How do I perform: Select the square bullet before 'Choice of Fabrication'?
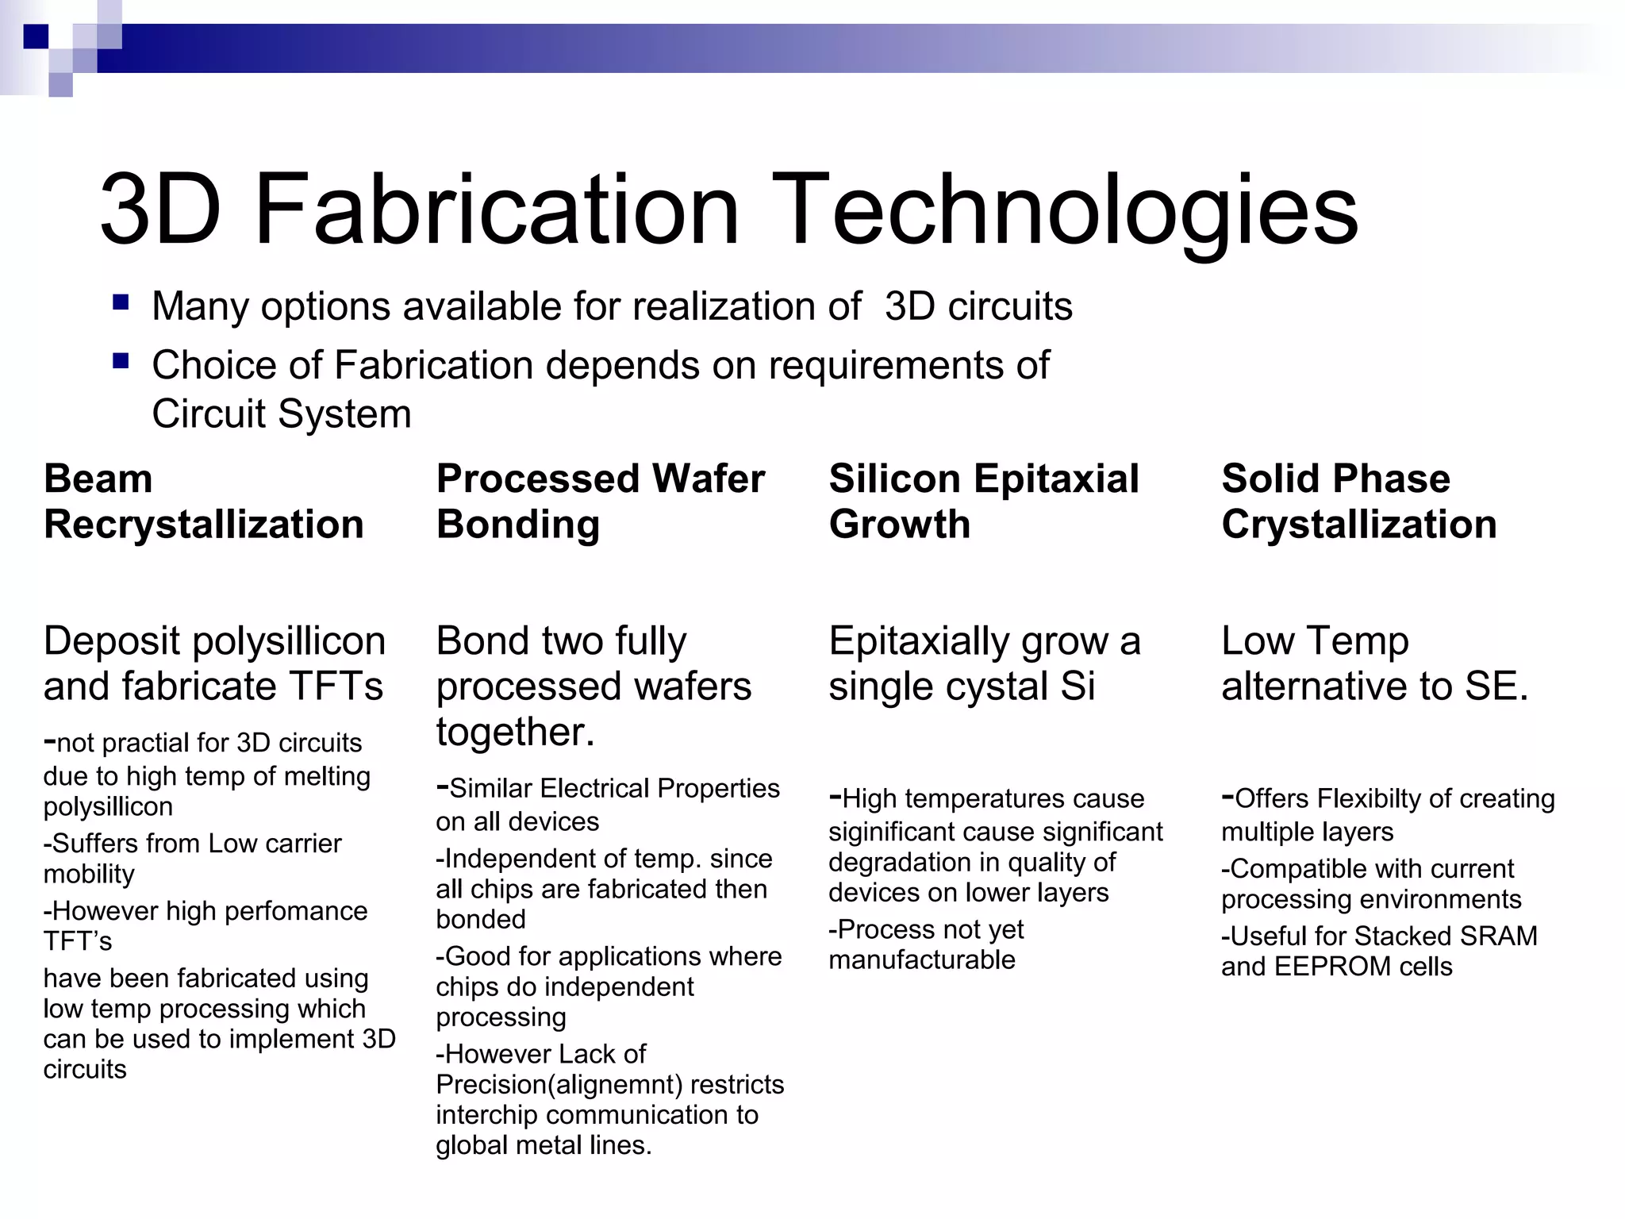[x=121, y=362]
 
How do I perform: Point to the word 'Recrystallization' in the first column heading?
[x=203, y=525]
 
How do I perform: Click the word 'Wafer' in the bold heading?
[x=708, y=479]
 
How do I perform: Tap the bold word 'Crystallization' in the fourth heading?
[x=1358, y=525]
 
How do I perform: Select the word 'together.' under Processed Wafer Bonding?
[x=515, y=732]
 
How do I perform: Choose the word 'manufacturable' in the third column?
[x=921, y=960]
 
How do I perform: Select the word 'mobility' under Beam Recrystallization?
[x=89, y=874]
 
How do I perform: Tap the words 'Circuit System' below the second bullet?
[x=281, y=414]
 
